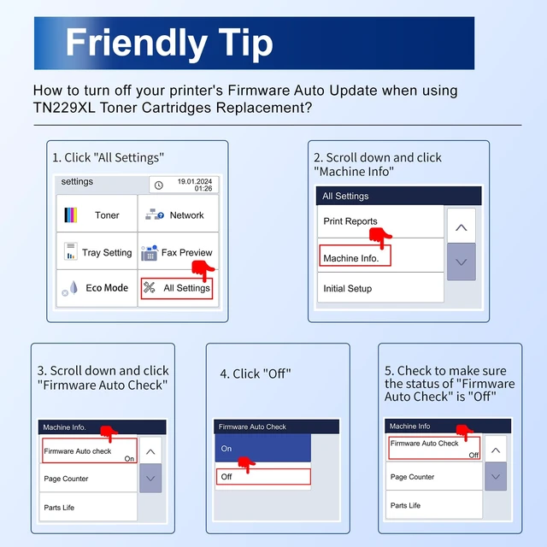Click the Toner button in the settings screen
(x=97, y=213)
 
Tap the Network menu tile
(x=179, y=213)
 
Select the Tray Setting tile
(x=97, y=250)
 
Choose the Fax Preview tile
(x=179, y=250)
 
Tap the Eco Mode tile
(x=97, y=288)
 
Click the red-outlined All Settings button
(x=177, y=288)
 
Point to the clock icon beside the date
(x=159, y=185)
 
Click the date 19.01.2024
(x=195, y=181)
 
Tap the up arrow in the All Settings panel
(x=462, y=226)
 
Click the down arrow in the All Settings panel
(x=462, y=262)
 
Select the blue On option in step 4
(x=262, y=448)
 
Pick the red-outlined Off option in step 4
(x=263, y=477)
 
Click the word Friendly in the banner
(x=137, y=44)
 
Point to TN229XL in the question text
(x=64, y=108)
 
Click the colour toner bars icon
(x=70, y=215)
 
